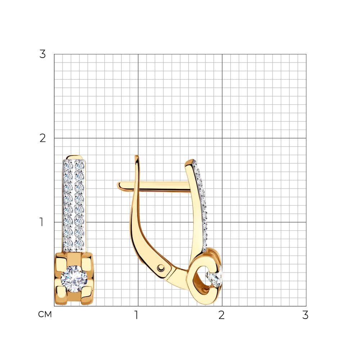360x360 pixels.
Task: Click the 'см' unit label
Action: [x=45, y=314]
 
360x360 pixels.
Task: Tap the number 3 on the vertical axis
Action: [x=42, y=54]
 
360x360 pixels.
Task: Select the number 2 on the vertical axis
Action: [x=42, y=138]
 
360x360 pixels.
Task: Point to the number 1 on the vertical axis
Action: [x=41, y=222]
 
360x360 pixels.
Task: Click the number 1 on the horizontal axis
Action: [x=136, y=315]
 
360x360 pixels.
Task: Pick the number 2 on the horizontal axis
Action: [x=221, y=315]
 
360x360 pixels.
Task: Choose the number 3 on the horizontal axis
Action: [x=305, y=315]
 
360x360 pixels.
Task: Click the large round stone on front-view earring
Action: [x=74, y=279]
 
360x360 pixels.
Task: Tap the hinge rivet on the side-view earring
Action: [x=161, y=268]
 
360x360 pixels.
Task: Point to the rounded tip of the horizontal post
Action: [x=119, y=186]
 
